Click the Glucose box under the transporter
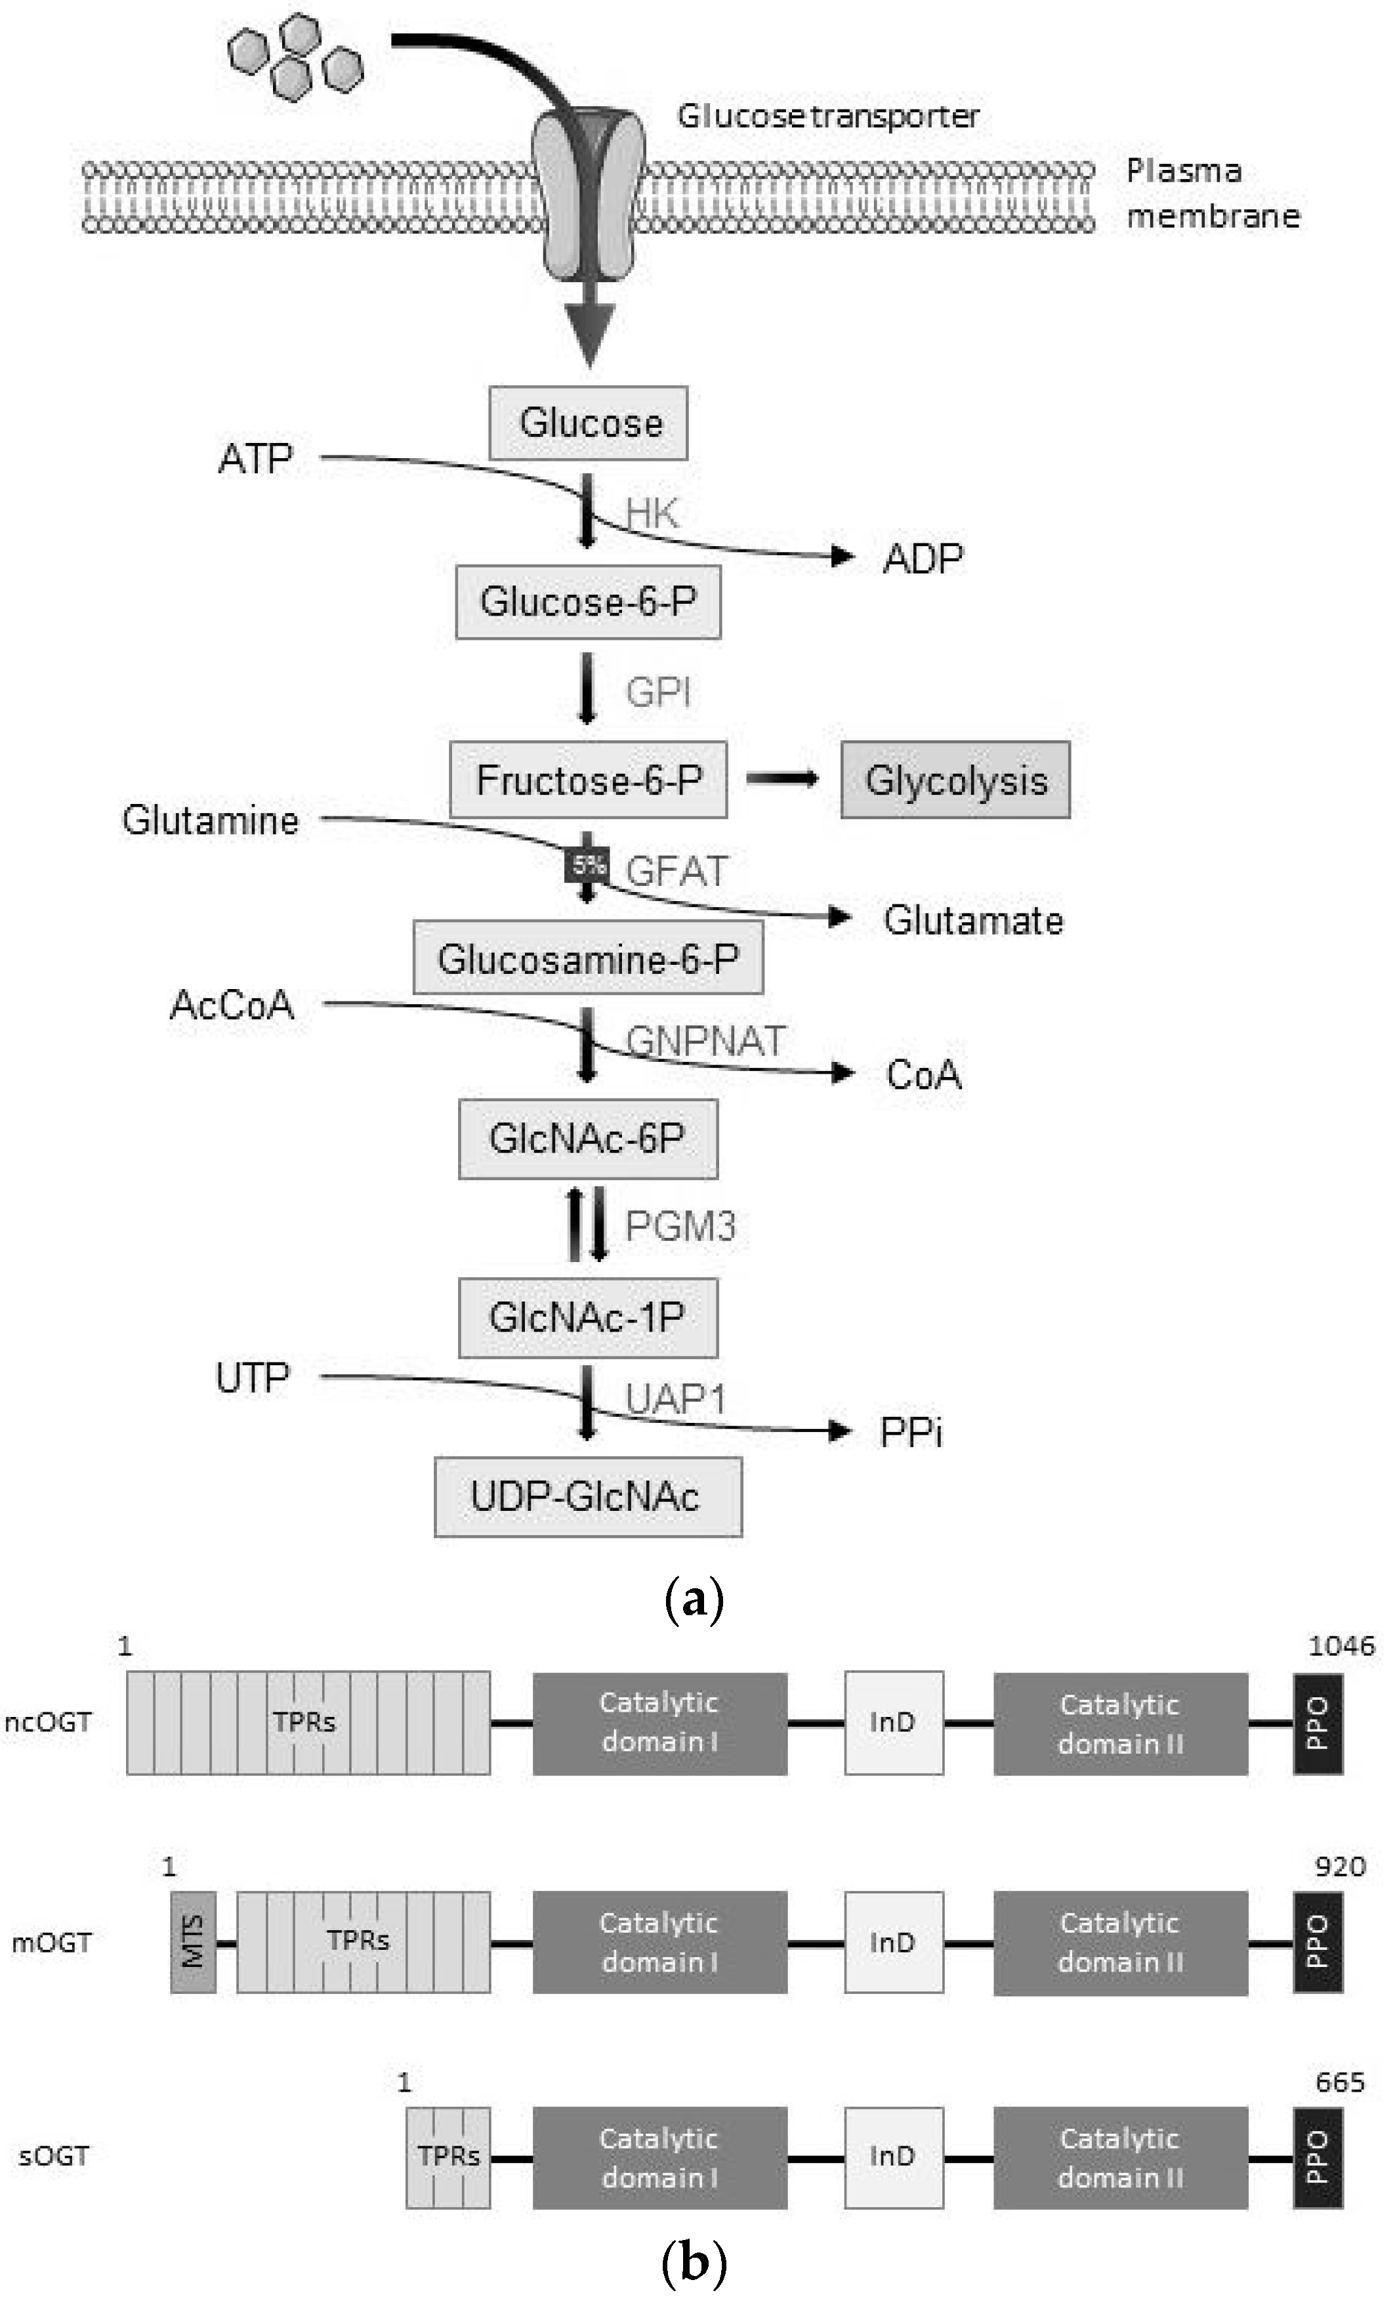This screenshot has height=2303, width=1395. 589,423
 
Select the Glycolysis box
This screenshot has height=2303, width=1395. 955,780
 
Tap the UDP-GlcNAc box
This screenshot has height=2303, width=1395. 588,1496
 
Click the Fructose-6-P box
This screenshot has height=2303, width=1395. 589,780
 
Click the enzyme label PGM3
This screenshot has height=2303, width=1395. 680,1226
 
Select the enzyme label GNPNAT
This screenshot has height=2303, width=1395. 705,1040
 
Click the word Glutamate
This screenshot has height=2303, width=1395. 972,921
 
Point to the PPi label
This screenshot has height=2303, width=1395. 911,1433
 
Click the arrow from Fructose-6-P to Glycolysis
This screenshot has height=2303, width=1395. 783,778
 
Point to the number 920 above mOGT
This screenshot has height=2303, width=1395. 1340,1867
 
